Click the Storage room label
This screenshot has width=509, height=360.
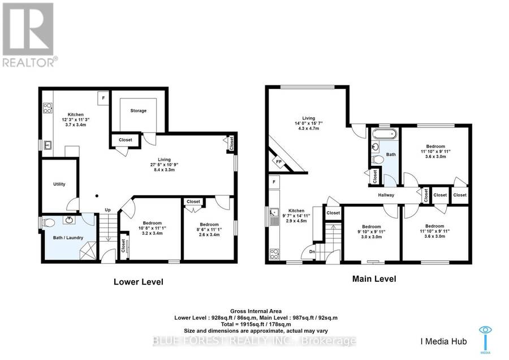tap(139, 111)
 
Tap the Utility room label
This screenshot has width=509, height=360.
tap(59, 184)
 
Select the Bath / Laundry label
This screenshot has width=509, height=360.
tap(68, 238)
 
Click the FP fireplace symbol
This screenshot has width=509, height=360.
tap(278, 161)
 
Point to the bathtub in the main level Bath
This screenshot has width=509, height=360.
tap(385, 134)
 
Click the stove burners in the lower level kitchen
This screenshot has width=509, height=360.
tap(48, 108)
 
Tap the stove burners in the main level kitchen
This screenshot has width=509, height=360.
tap(274, 254)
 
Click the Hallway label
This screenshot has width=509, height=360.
tap(386, 195)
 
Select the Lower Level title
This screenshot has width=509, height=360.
tap(139, 282)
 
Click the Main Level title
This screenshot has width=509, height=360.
tap(374, 278)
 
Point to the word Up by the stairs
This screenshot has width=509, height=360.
tap(108, 210)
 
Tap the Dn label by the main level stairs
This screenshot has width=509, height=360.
tap(312, 252)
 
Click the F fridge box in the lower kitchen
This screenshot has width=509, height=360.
tap(103, 98)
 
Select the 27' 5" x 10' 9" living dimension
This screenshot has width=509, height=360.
tap(164, 165)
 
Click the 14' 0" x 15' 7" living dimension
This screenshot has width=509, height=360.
tap(308, 123)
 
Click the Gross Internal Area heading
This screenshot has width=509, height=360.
tap(256, 311)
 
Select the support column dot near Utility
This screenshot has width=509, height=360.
tap(97, 196)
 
